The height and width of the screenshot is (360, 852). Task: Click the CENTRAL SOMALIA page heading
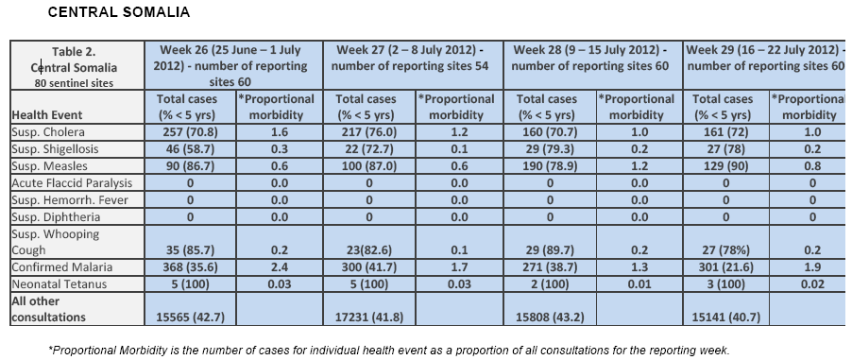pyautogui.click(x=119, y=12)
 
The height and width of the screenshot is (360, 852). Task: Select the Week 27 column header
pyautogui.click(x=413, y=59)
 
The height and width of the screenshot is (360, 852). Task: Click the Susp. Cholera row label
pyautogui.click(x=48, y=132)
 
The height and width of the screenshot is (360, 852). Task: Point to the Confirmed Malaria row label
pyautogui.click(x=62, y=267)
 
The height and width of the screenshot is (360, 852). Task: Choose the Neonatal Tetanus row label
pyautogui.click(x=60, y=283)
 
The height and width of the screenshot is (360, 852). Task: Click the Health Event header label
pyautogui.click(x=47, y=115)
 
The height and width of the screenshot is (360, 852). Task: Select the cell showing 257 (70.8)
pyautogui.click(x=190, y=132)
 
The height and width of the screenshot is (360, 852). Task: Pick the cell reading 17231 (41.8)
pyautogui.click(x=369, y=317)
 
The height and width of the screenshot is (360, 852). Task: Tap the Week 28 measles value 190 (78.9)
pyautogui.click(x=550, y=166)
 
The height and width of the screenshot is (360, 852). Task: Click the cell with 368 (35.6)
pyautogui.click(x=190, y=267)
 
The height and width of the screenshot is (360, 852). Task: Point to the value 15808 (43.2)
pyautogui.click(x=550, y=317)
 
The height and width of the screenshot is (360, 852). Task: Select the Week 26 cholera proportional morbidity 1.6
pyautogui.click(x=280, y=132)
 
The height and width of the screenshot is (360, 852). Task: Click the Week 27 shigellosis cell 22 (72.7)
pyautogui.click(x=369, y=149)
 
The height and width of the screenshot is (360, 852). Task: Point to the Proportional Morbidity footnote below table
pyautogui.click(x=389, y=349)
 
